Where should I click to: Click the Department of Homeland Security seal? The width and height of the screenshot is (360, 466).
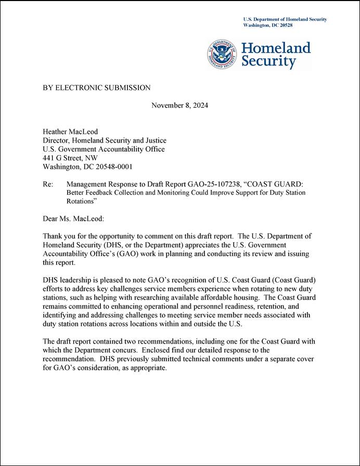pos(223,54)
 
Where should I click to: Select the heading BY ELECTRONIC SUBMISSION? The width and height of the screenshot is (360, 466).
pos(96,88)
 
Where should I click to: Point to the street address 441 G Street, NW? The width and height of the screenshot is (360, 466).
pos(70,158)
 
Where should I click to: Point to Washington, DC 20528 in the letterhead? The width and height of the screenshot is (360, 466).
pos(267,25)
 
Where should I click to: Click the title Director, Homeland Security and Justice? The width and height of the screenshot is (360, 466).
pos(104,141)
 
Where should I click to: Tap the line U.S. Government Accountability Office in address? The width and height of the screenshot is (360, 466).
pos(104,149)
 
